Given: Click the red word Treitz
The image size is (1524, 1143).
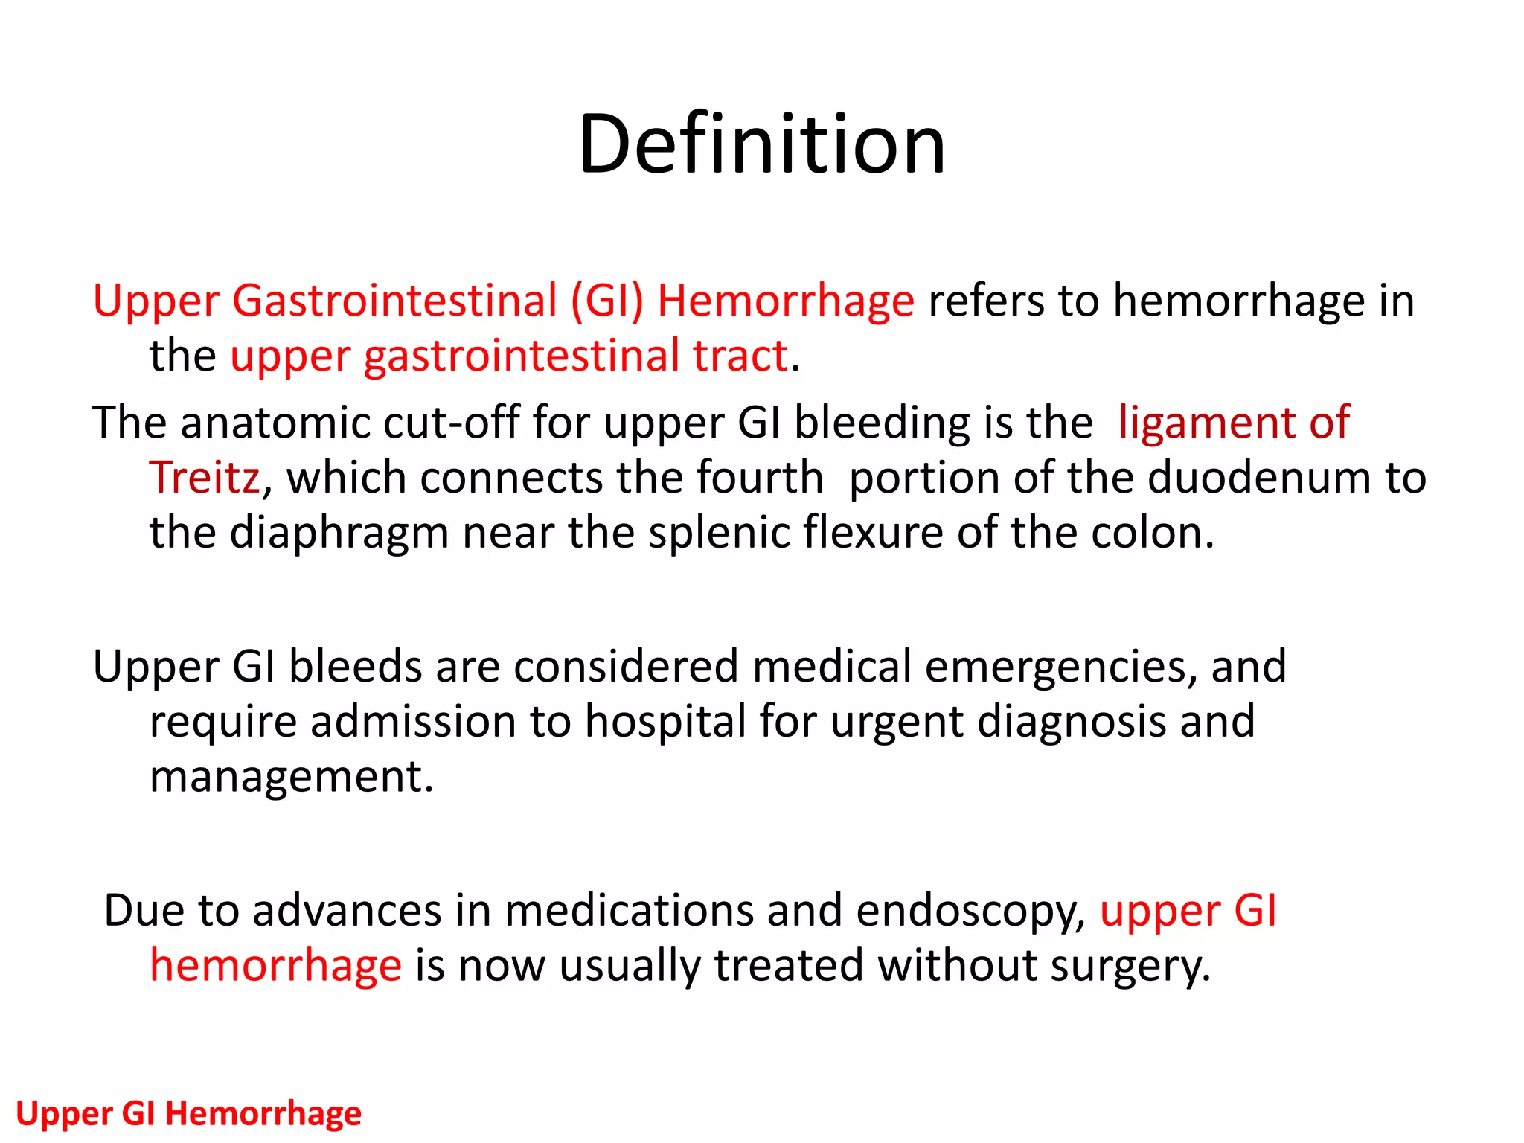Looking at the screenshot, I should click(x=205, y=477).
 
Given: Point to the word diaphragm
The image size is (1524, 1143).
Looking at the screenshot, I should click(x=339, y=534).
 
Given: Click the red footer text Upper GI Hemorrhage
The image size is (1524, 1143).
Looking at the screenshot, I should click(x=188, y=1113).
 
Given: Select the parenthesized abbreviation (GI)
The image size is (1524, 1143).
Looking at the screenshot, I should click(x=606, y=301).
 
